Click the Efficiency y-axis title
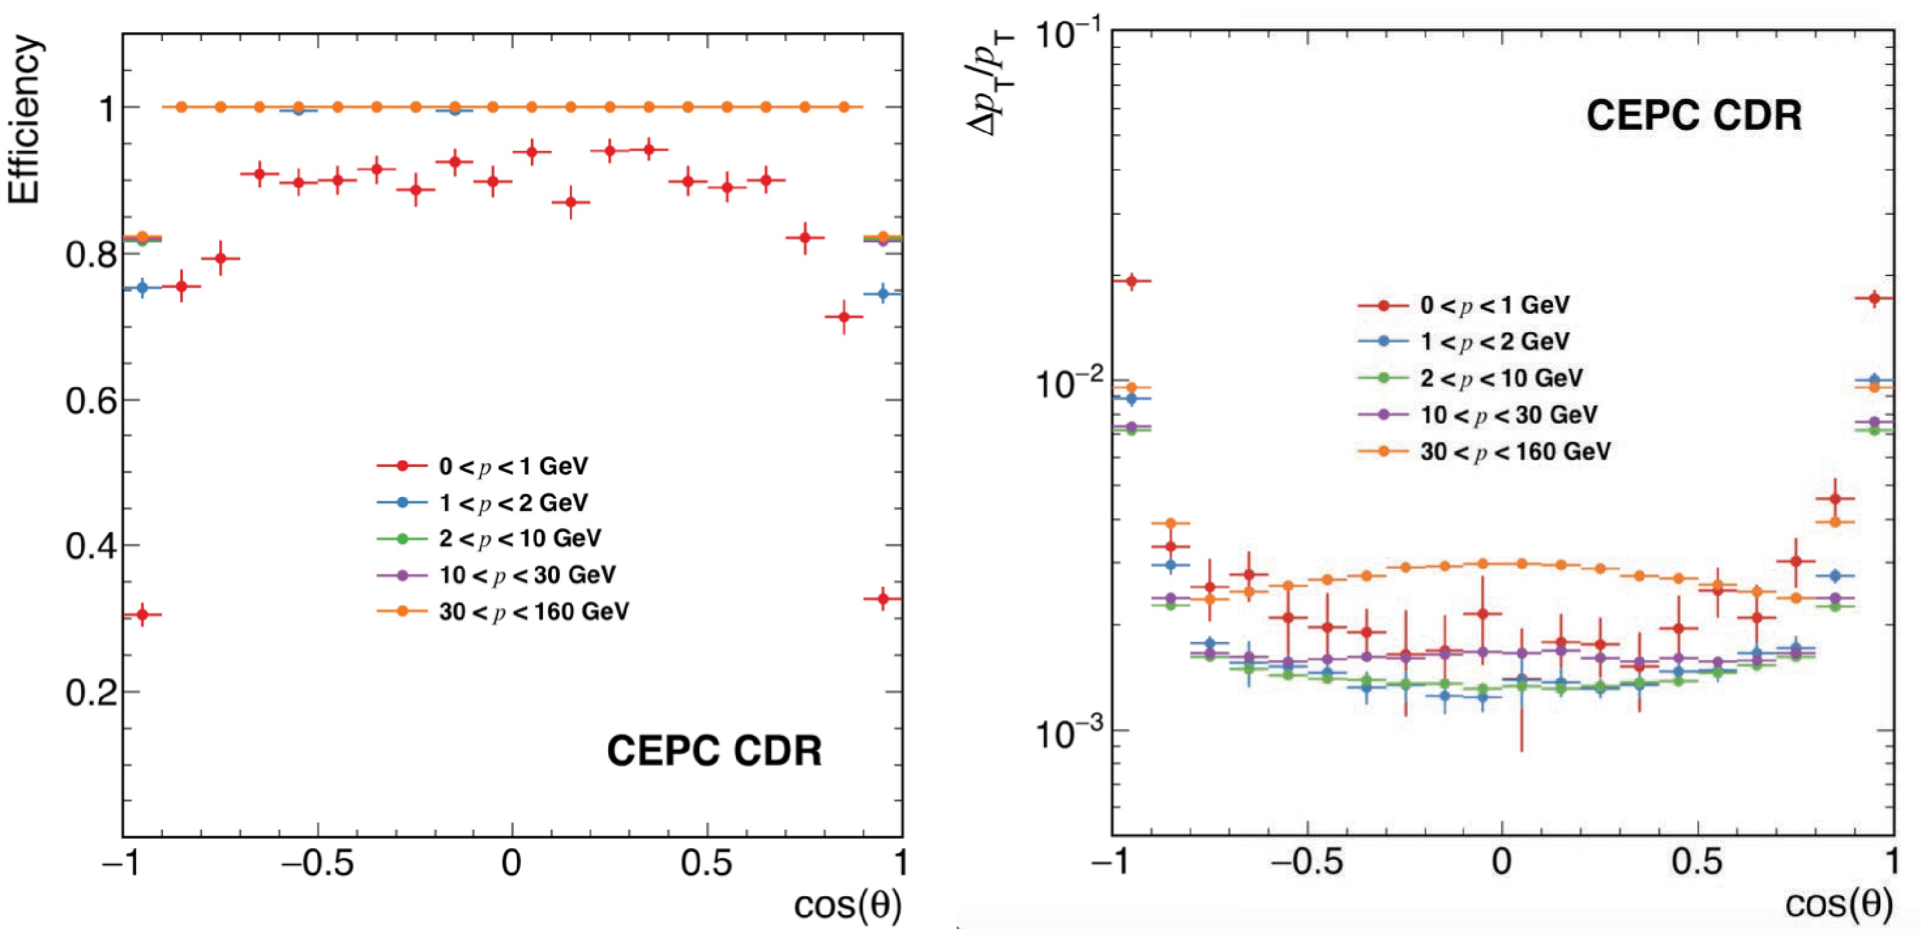coord(24,119)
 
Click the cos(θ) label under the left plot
coord(848,905)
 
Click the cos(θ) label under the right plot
coord(1839,905)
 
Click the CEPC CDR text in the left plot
coord(714,750)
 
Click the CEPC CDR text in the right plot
coord(1694,115)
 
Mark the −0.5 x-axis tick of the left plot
coord(317,864)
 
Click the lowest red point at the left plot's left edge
coord(142,614)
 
